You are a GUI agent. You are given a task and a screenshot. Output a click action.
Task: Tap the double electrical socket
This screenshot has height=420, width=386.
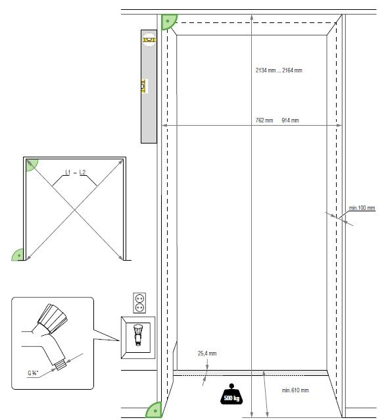139,303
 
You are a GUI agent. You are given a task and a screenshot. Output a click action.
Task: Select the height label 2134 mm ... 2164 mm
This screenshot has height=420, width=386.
279,70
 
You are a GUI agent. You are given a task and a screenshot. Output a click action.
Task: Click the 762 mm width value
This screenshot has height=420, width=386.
264,120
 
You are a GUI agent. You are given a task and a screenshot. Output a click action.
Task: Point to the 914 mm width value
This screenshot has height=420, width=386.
290,120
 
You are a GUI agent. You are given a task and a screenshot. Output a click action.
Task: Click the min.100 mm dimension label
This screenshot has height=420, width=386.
362,208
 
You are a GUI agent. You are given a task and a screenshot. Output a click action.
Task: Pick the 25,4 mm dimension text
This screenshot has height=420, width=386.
207,354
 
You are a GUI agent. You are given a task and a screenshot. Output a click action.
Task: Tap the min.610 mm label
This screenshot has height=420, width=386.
295,390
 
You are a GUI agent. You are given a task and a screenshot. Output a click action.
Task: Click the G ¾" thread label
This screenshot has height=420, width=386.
33,373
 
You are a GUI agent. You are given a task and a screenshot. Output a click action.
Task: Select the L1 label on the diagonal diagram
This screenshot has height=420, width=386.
68,172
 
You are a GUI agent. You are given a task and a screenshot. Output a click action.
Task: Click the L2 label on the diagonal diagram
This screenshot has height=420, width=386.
82,172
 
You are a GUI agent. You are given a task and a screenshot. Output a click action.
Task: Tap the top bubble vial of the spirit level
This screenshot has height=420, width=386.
149,40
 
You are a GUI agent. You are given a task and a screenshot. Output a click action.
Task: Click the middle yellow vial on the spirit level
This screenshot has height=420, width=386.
143,86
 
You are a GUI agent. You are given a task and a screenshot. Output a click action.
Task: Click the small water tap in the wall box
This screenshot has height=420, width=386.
137,334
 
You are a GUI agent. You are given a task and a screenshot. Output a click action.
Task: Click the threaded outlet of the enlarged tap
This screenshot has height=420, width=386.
60,364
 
